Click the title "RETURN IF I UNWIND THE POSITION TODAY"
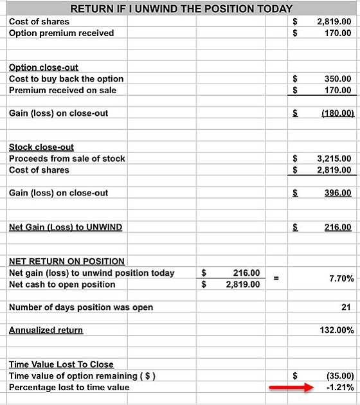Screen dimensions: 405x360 [181, 9]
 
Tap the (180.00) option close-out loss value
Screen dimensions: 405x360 [335, 113]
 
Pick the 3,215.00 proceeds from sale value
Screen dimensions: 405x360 [334, 158]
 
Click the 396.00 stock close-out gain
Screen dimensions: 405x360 [337, 193]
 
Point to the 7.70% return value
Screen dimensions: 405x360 [341, 278]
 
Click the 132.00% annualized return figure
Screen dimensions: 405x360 [336, 330]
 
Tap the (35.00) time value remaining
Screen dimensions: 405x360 [338, 375]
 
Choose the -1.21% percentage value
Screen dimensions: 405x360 [339, 387]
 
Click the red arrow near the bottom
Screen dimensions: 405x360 [290, 387]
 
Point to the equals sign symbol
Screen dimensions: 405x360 [276, 278]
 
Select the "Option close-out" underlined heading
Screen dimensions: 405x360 [44, 67]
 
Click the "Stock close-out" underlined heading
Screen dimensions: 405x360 [41, 147]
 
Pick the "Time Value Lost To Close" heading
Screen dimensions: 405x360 [61, 364]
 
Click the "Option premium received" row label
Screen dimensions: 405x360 [61, 33]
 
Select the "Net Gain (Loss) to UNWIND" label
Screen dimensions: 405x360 [66, 227]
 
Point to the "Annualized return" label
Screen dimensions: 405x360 [46, 330]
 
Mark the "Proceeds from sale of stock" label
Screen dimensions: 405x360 [67, 158]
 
